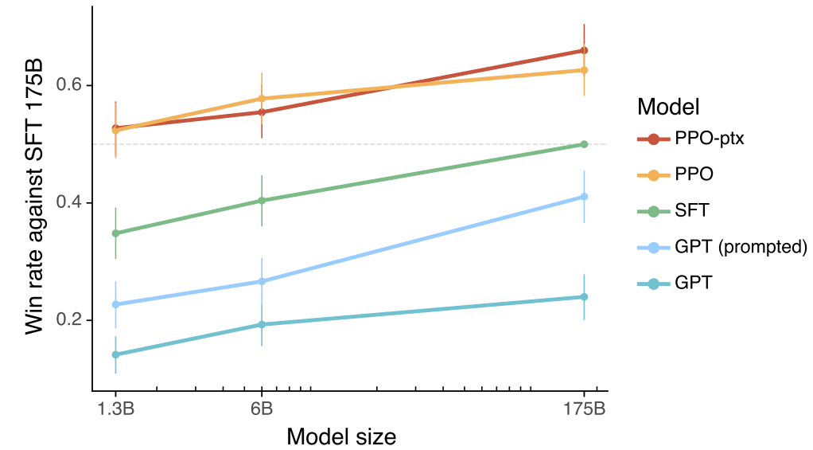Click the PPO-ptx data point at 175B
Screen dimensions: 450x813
[x=584, y=51]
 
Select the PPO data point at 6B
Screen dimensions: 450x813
[x=261, y=99]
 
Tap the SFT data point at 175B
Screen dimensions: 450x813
[x=584, y=144]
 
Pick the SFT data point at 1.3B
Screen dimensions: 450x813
[x=115, y=233]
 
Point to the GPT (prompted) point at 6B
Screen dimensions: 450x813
[x=261, y=281]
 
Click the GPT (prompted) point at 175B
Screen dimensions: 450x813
[x=584, y=197]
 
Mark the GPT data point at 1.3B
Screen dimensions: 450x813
[x=115, y=354]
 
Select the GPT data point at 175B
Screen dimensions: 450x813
[x=584, y=297]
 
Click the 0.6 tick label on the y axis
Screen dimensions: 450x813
[x=68, y=85]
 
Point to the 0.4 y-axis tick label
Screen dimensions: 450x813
[x=68, y=203]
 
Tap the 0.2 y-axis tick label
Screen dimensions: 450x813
[x=68, y=320]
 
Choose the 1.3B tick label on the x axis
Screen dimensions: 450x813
[x=115, y=409]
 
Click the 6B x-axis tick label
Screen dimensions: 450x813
[x=261, y=409]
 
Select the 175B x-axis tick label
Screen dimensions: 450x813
[x=584, y=409]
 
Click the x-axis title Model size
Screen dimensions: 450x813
[x=341, y=436]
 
